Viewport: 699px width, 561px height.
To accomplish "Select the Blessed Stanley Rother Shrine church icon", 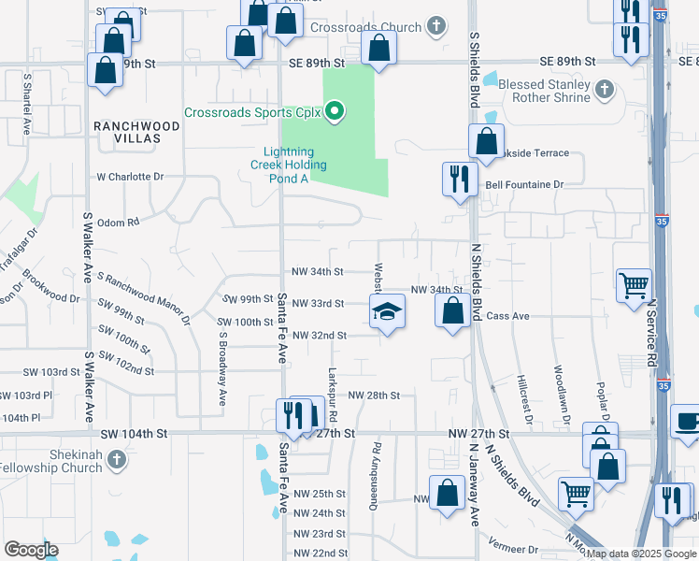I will click(605, 90).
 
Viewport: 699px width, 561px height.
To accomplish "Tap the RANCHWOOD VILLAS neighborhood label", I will click(127, 131).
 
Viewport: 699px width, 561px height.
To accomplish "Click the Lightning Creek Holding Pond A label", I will click(294, 165).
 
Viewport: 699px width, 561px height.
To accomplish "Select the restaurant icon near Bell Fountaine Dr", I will click(459, 178).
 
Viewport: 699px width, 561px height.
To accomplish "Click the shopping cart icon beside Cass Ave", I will click(635, 284).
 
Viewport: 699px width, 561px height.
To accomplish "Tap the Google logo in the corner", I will click(32, 550).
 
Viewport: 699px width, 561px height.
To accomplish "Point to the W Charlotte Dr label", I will click(130, 176).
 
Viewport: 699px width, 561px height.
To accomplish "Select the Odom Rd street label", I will click(118, 223).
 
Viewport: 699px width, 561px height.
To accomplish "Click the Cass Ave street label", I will click(507, 317).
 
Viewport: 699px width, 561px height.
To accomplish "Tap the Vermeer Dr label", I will click(521, 550).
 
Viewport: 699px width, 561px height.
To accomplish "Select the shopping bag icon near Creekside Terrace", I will click(486, 143).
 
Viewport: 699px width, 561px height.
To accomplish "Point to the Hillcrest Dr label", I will click(523, 399).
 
